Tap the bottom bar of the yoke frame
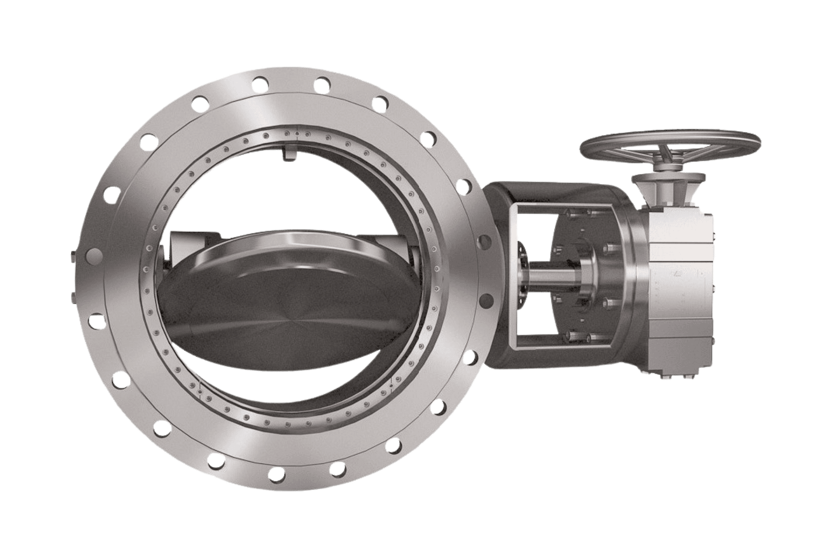(x=560, y=346)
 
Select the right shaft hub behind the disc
(x=412, y=254)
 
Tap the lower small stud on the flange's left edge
(x=72, y=297)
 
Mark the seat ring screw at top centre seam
(x=297, y=134)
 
